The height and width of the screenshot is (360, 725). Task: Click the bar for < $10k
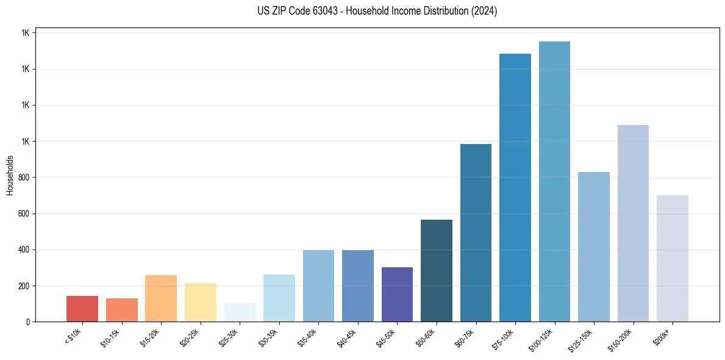click(82, 309)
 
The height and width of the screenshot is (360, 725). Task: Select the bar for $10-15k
click(122, 310)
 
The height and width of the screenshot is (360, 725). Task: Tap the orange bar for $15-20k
click(161, 298)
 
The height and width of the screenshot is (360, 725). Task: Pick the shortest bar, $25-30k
click(240, 312)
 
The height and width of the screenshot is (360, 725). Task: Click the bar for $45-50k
click(397, 294)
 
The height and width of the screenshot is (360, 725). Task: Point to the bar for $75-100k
click(515, 187)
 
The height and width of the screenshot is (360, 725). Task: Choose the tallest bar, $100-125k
click(554, 181)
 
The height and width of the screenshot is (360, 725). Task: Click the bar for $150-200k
click(633, 223)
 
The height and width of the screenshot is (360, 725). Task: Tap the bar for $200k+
click(673, 258)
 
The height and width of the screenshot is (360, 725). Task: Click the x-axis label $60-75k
click(465, 337)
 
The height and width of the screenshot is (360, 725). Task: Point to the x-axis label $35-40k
click(307, 337)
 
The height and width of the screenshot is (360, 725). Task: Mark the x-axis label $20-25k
click(190, 337)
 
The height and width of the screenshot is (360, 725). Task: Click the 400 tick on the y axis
click(24, 250)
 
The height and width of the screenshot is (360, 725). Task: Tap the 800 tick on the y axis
click(24, 178)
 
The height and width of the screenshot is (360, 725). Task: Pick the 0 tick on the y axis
click(28, 322)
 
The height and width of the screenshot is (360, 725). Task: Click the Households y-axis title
click(10, 175)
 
